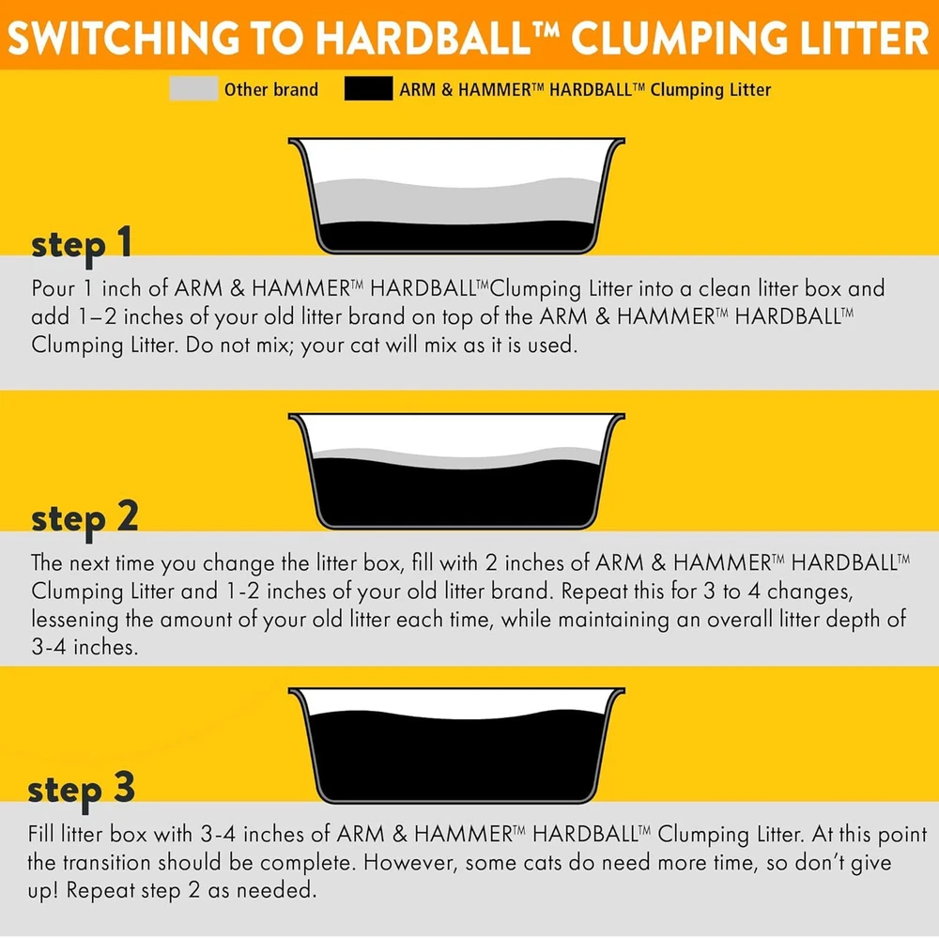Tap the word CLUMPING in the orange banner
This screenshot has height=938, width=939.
click(x=680, y=38)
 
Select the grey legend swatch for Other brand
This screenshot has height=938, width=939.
click(x=193, y=88)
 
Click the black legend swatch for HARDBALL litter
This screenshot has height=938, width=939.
click(x=368, y=88)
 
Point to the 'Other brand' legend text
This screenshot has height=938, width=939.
click(x=271, y=90)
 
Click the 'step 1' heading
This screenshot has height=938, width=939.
click(x=82, y=245)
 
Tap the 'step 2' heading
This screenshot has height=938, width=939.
click(x=85, y=518)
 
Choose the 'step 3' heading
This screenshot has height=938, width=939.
click(x=82, y=790)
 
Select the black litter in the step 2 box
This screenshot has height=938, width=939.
click(x=455, y=495)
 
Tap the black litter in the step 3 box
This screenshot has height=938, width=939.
click(x=455, y=757)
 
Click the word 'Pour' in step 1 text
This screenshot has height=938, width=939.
click(x=54, y=288)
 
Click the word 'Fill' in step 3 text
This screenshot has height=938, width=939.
click(x=42, y=834)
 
